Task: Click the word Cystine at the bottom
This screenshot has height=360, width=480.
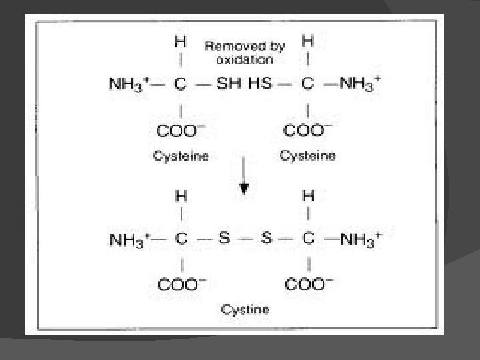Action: coord(245,309)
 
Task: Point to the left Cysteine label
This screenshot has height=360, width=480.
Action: coord(181,156)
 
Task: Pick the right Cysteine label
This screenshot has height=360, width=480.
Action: coord(307,156)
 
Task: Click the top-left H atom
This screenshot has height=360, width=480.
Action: coord(180,41)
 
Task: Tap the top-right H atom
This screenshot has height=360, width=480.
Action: coord(307,41)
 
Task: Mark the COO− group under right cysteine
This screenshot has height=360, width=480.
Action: coord(309,129)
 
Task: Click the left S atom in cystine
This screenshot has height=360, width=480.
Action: coord(224,239)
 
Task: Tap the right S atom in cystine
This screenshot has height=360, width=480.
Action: coord(266,239)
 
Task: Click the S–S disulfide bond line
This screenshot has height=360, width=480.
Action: coord(245,239)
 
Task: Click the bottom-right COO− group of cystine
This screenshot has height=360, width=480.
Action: coord(309,284)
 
